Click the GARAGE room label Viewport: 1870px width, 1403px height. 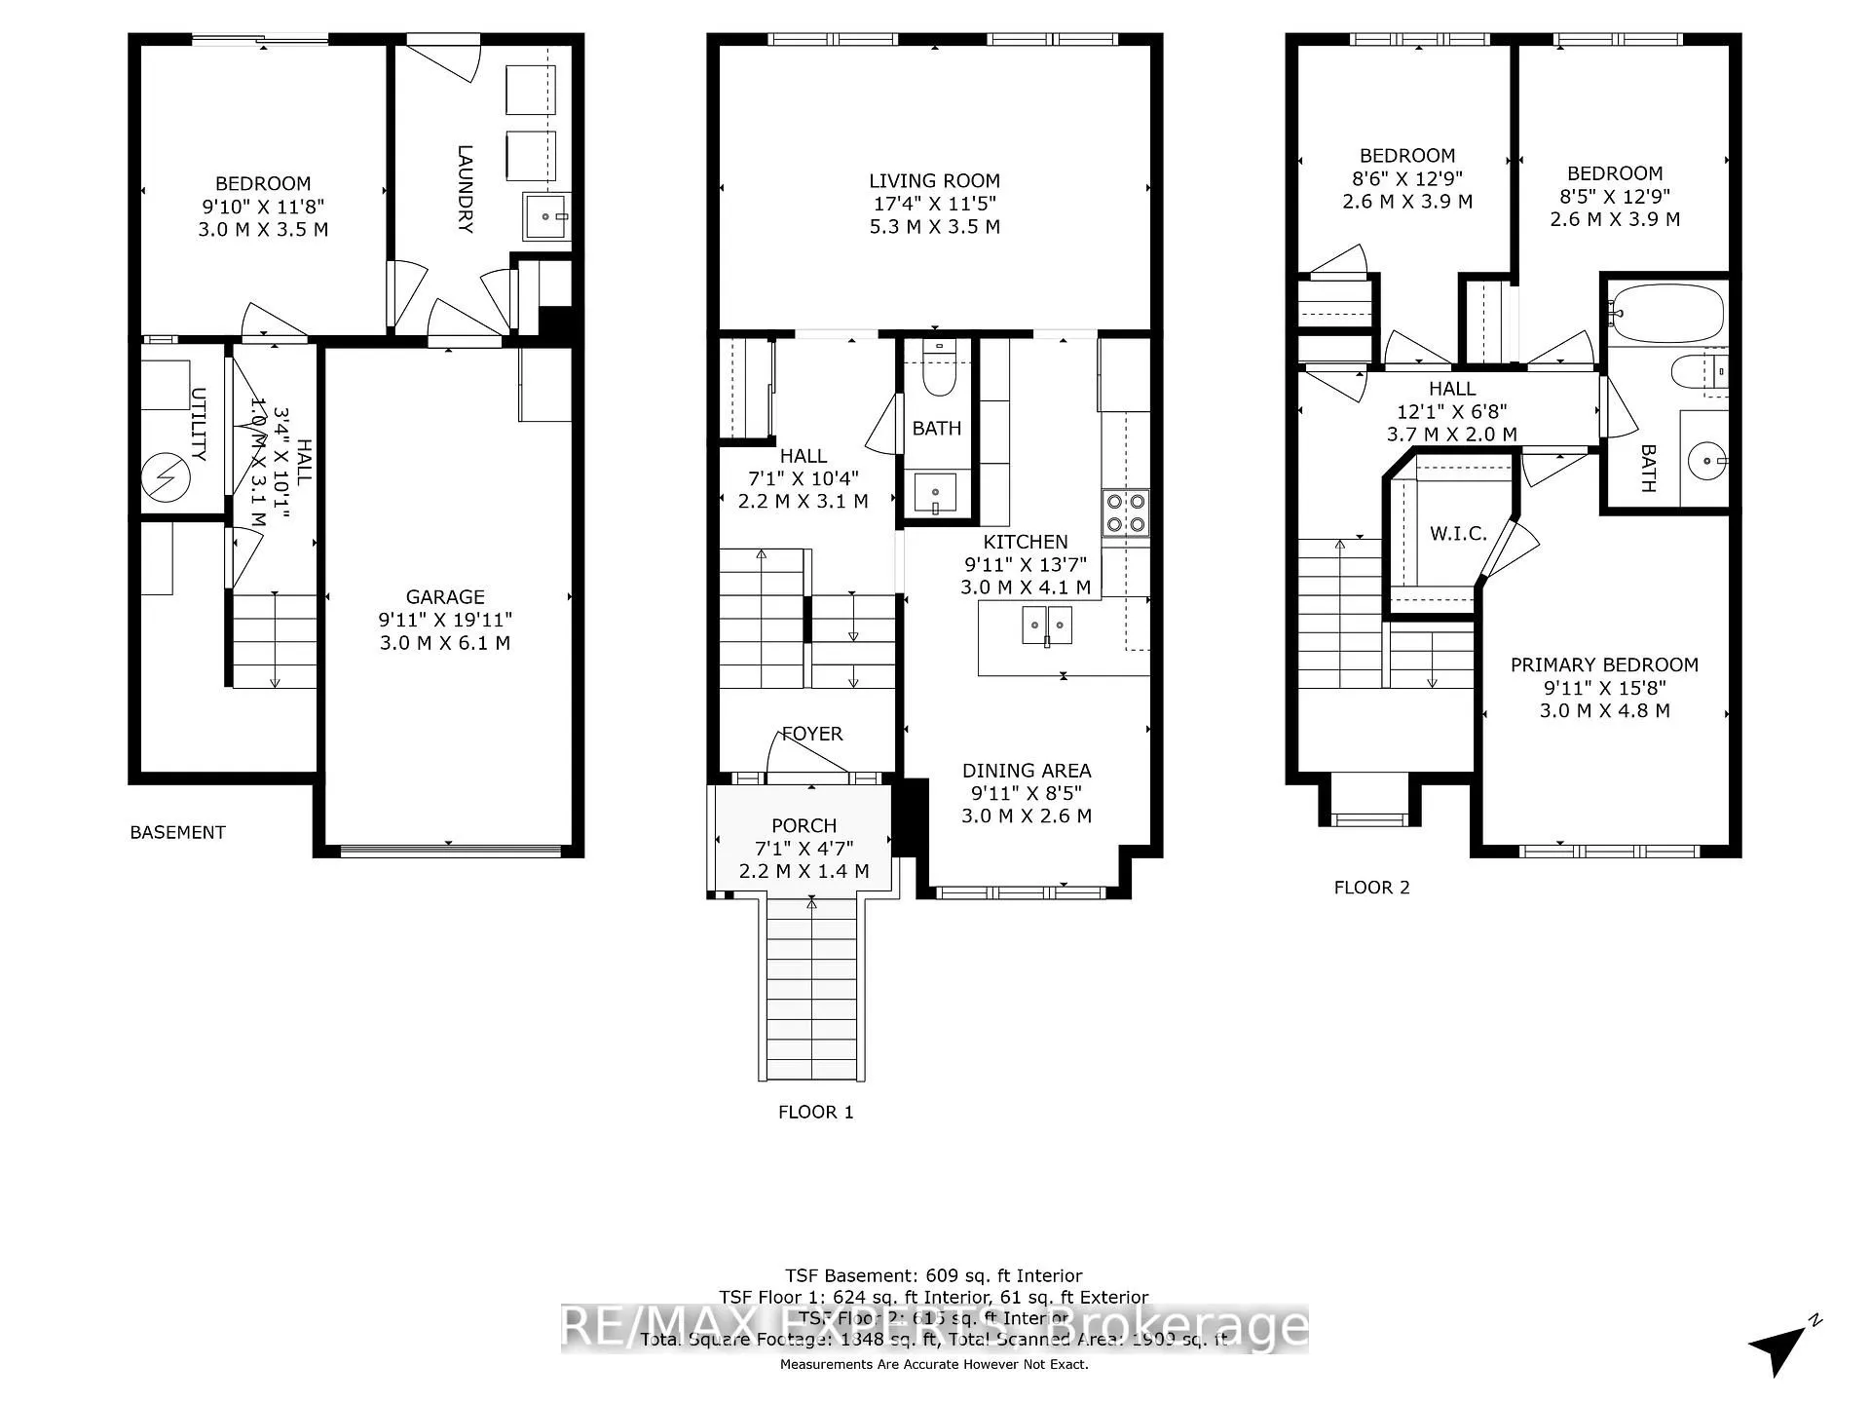click(x=445, y=597)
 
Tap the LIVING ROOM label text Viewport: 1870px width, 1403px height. click(x=934, y=181)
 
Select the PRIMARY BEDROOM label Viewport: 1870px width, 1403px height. click(x=1604, y=665)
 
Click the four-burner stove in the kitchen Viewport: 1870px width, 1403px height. click(x=1125, y=512)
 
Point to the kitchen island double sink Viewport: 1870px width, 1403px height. click(x=1046, y=625)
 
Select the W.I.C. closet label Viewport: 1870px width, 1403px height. click(x=1458, y=534)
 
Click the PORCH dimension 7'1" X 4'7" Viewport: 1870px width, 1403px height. click(x=804, y=849)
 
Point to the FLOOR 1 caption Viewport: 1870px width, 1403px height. click(x=815, y=1113)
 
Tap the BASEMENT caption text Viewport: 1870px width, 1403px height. click(x=177, y=833)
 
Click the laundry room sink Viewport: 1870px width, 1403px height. click(x=546, y=216)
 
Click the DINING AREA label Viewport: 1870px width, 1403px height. click(x=1027, y=771)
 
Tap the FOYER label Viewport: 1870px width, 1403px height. click(x=811, y=735)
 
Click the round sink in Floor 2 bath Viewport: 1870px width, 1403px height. click(x=1705, y=459)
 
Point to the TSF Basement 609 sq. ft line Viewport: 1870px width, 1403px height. click(x=933, y=1276)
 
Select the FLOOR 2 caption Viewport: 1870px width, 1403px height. click(x=1371, y=888)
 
